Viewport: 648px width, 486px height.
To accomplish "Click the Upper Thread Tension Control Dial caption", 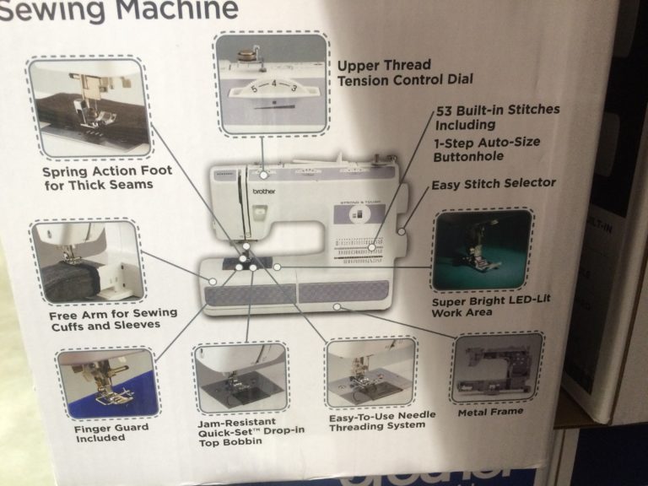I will (x=404, y=72).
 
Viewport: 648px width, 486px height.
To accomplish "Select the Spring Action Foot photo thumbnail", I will (x=89, y=107).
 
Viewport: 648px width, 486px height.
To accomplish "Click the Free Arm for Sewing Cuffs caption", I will (x=113, y=318).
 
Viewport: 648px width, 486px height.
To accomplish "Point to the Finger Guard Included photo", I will (x=107, y=383).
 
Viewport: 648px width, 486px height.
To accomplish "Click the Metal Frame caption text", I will (x=490, y=412).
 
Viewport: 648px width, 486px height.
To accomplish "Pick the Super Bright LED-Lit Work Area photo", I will (x=482, y=250).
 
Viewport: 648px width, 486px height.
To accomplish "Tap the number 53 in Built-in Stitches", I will (x=446, y=111).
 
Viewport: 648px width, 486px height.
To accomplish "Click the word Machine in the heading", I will (x=177, y=10).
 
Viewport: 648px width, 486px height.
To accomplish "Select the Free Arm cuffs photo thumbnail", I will (x=87, y=262).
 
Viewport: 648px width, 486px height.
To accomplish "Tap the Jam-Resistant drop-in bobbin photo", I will (x=240, y=378).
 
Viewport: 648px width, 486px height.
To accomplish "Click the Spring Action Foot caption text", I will (x=107, y=177).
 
